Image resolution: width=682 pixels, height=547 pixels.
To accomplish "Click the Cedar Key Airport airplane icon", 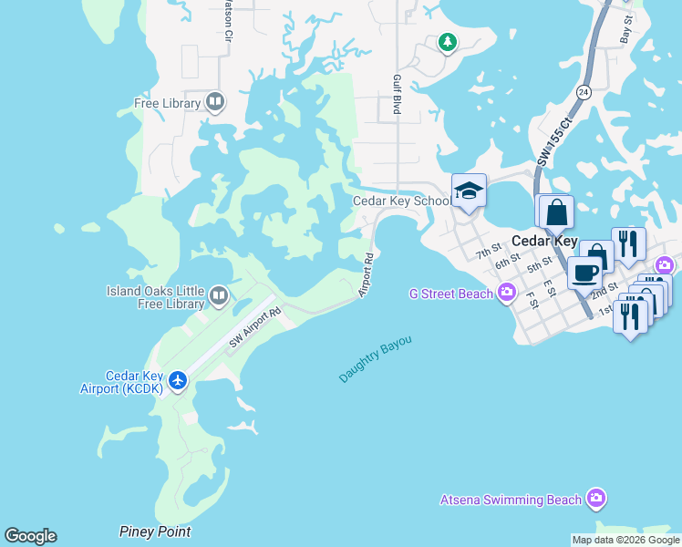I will tap(179, 379).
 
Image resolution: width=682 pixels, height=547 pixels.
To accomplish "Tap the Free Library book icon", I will tap(215, 102).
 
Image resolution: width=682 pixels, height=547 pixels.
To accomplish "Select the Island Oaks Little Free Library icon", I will tap(218, 294).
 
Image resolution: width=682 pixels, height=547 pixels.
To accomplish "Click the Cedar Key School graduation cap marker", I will tap(469, 191).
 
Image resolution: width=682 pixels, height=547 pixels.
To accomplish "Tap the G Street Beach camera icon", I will tap(507, 293).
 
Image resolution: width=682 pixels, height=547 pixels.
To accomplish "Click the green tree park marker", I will tap(447, 41).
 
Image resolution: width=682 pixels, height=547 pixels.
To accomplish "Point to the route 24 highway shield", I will tap(584, 92).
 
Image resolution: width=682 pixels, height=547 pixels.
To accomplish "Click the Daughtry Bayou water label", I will tap(375, 358).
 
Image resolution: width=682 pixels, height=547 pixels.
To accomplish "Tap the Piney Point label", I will tap(155, 532).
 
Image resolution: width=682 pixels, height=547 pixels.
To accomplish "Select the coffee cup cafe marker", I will tap(584, 271).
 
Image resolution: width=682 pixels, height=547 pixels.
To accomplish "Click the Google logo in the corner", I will tap(30, 536).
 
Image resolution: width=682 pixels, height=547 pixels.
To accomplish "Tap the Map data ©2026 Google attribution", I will tap(625, 540).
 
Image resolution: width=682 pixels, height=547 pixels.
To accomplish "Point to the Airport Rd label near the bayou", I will tap(367, 273).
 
